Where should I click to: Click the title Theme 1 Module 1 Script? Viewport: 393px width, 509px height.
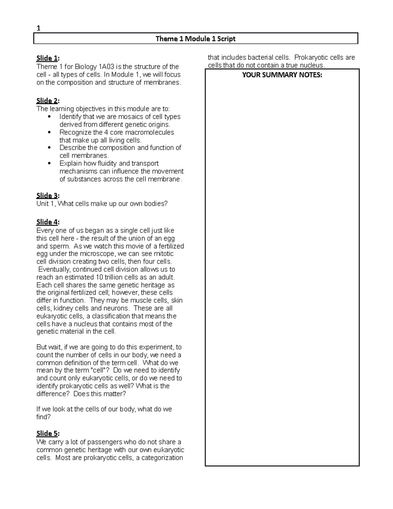(x=196, y=39)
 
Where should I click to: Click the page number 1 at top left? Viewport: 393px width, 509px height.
(x=38, y=28)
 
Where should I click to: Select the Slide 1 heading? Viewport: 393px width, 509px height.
(x=48, y=58)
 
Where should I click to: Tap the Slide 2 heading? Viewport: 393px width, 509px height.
(x=48, y=101)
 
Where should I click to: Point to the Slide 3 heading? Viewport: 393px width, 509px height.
(x=48, y=196)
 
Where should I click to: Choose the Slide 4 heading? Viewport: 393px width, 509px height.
(x=48, y=222)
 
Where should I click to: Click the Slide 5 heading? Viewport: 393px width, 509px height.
(x=48, y=434)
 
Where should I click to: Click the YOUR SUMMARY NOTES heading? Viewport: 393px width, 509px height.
(x=282, y=75)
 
